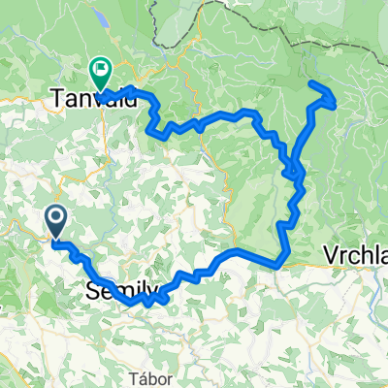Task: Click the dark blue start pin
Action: (57, 223)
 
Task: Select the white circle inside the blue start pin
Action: (57, 219)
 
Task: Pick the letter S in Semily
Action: (89, 289)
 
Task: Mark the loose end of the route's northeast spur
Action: (310, 84)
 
